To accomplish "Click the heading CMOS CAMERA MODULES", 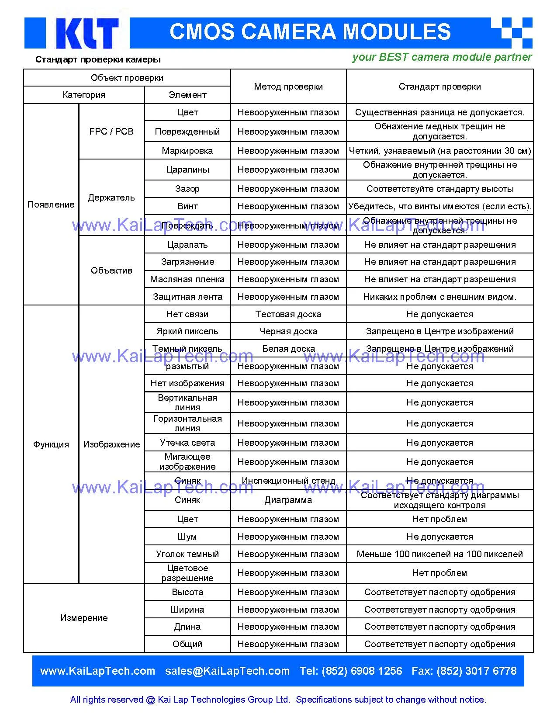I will click(310, 32).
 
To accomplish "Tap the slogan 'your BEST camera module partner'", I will click(442, 57).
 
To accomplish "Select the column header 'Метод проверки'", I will click(288, 87).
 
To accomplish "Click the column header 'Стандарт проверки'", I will click(439, 87).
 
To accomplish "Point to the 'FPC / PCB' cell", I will click(111, 132).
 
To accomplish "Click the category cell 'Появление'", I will click(51, 205).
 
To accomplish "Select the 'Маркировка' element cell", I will click(187, 151).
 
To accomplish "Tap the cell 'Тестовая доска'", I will click(288, 314).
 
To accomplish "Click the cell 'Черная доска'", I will click(288, 331).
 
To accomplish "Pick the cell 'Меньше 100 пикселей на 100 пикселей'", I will click(439, 554).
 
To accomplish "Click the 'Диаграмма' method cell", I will click(288, 500).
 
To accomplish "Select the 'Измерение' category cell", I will click(84, 618).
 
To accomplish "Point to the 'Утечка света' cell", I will click(187, 443).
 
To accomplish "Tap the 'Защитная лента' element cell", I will click(187, 297).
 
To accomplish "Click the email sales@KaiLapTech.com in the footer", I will click(227, 671).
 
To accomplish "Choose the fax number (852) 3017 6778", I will click(476, 671).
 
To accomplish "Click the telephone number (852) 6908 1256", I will click(362, 671).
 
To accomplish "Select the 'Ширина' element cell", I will click(187, 610).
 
